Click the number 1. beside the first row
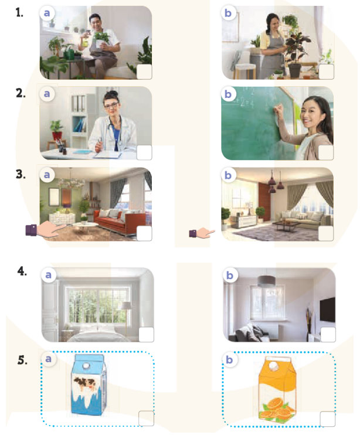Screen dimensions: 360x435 [x=19, y=13]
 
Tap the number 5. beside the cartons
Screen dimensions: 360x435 [x=22, y=360]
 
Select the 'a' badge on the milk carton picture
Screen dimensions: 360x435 [x=48, y=359]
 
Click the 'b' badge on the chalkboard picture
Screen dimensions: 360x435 [x=228, y=94]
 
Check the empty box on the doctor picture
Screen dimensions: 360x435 [x=144, y=152]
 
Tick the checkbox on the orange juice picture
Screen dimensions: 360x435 [x=328, y=419]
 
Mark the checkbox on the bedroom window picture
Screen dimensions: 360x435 [x=146, y=334]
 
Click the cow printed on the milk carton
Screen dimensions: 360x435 [x=84, y=385]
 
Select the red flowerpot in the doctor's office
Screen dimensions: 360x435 [x=57, y=135]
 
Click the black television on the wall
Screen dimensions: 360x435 [x=327, y=310]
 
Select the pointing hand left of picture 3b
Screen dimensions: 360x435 [x=202, y=233]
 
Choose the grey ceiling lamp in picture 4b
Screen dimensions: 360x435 [x=266, y=281]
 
